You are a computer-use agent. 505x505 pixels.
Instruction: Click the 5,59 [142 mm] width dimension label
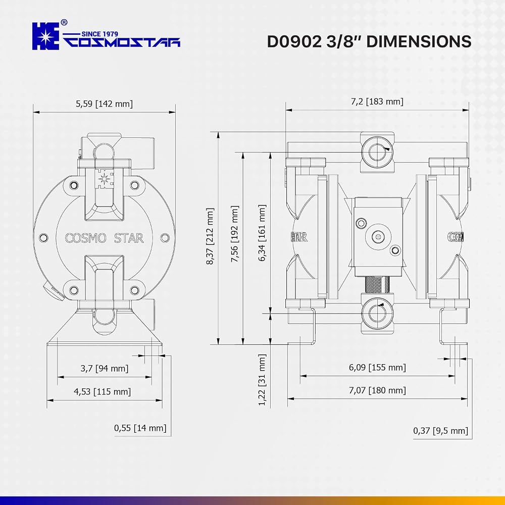pos(105,104)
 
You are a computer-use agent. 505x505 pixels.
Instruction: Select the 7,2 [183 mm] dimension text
pos(377,102)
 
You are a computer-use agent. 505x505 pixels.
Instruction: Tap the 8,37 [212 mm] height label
pos(210,236)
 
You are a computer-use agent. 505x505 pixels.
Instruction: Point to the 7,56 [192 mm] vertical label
pos(235,234)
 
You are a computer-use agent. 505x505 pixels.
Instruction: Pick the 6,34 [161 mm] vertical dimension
pos(262,232)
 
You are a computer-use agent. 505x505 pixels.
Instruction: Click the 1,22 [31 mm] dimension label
pos(262,380)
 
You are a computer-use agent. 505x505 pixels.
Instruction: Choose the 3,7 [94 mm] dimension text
pos(105,368)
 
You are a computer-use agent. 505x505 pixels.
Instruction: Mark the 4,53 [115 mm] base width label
pos(103,392)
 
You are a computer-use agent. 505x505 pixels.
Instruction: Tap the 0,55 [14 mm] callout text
pos(140,428)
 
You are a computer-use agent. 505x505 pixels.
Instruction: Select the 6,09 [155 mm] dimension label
pos(377,367)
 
